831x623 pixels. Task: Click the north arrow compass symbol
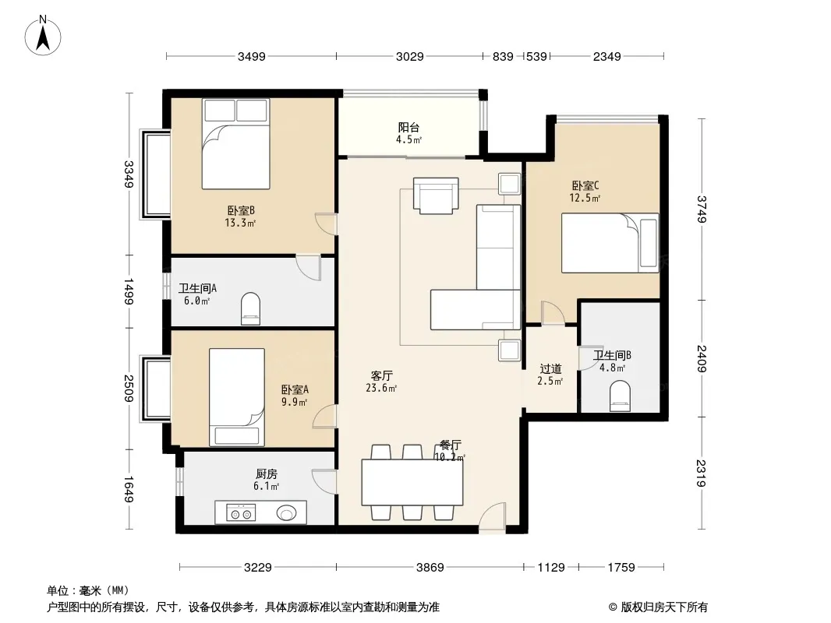coord(43,35)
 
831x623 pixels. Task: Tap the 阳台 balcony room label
coord(408,127)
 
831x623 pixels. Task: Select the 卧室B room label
coord(241,211)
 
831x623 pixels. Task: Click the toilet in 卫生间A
coord(251,308)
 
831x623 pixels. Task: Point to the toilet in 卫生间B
coord(620,397)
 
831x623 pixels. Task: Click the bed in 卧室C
coord(610,243)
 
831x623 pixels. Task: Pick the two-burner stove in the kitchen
coord(241,513)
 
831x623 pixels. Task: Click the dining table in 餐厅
coord(412,482)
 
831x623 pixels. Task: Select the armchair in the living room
coord(436,195)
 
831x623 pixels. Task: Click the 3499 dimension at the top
coord(251,56)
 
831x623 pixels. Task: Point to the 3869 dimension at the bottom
coord(430,568)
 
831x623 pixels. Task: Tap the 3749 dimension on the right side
coord(702,209)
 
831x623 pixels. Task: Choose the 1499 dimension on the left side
coord(129,292)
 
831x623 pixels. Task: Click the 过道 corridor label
coord(550,368)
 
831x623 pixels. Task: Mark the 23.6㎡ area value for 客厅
coord(381,388)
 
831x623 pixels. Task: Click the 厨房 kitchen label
coord(266,473)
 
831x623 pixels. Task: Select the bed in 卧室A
coord(237,397)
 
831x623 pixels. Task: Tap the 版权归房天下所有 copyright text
coord(664,607)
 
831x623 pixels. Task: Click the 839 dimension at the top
coord(502,56)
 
